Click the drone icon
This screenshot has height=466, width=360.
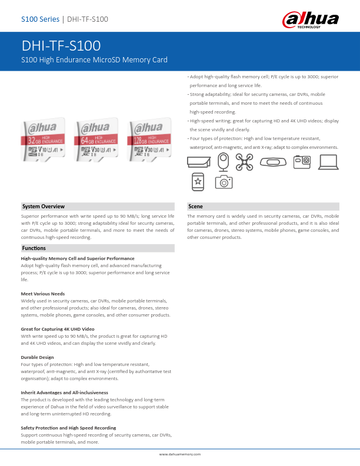click(244, 162)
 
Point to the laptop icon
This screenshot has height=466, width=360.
click(328, 162)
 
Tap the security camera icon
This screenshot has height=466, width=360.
click(198, 162)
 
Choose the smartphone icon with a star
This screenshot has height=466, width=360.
click(198, 182)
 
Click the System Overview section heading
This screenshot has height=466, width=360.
click(44, 207)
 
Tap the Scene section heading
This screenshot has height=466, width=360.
click(196, 207)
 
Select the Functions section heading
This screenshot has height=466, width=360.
click(34, 248)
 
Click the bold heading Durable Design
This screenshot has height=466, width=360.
click(37, 357)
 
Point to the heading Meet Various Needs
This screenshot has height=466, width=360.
click(43, 294)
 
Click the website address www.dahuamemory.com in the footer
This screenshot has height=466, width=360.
click(180, 454)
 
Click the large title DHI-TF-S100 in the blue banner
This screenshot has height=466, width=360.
click(61, 46)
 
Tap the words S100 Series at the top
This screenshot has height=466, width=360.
click(40, 19)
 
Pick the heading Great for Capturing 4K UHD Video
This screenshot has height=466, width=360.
click(58, 329)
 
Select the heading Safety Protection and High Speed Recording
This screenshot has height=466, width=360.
click(68, 428)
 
